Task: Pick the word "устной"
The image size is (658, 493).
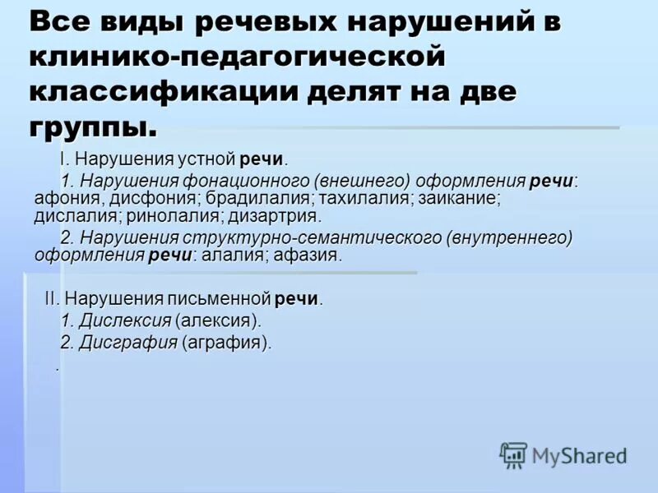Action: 206,159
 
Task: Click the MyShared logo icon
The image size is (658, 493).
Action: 513,454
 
